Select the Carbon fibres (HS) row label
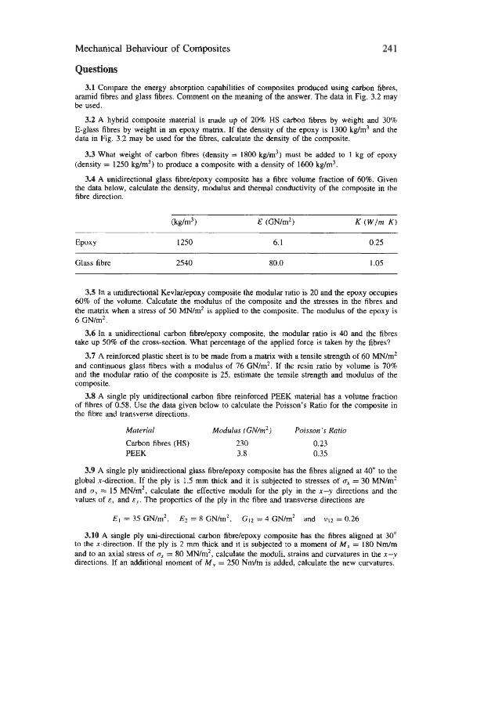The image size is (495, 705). (x=154, y=443)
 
